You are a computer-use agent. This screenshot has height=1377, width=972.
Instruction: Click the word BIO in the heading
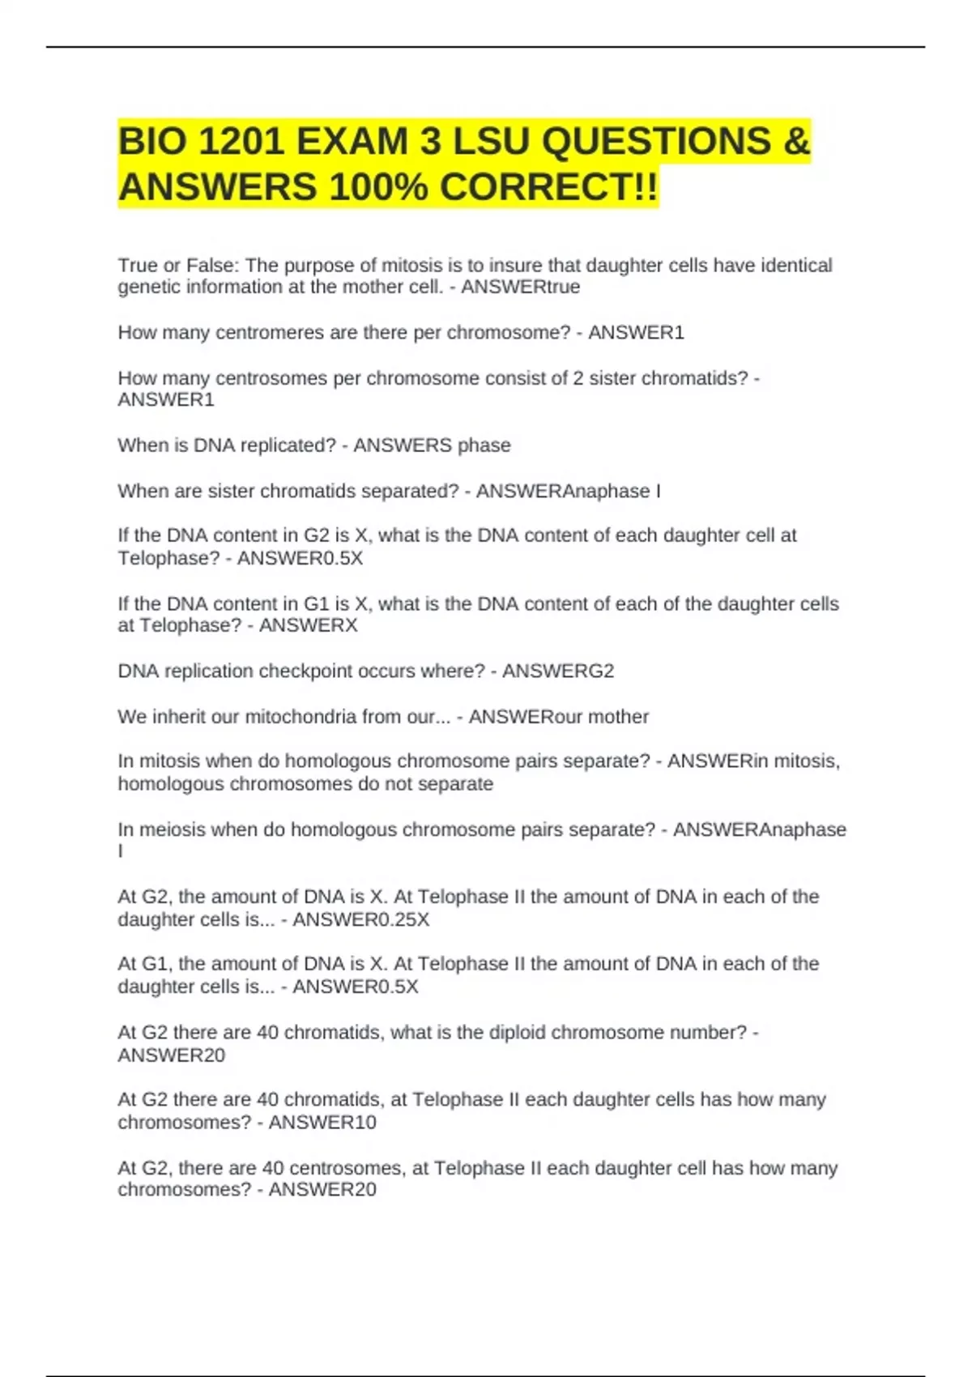tap(153, 143)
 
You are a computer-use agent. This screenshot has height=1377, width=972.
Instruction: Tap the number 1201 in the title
tap(241, 143)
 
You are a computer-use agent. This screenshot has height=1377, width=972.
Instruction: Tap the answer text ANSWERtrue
tap(520, 288)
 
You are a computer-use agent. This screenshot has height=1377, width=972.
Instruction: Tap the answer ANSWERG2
tap(558, 671)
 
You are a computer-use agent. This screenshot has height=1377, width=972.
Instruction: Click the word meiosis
tap(173, 830)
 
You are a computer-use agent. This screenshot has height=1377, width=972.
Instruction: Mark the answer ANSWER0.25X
tap(360, 920)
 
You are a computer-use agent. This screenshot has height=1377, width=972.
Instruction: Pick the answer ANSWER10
tap(322, 1123)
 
